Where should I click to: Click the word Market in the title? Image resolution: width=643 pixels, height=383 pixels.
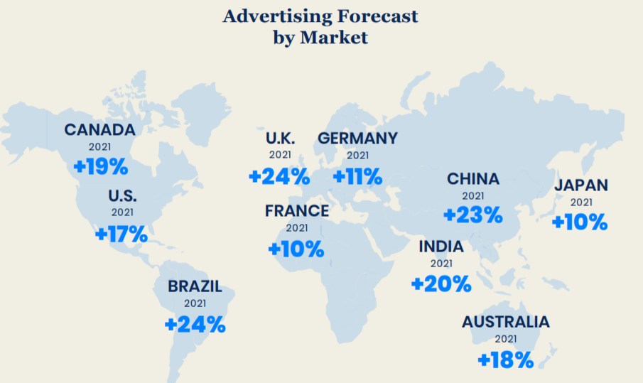point(334,38)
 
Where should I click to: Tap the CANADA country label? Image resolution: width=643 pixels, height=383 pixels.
point(99,130)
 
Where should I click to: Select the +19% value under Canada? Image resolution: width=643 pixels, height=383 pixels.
point(101,167)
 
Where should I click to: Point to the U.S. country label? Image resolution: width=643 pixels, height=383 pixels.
point(122,196)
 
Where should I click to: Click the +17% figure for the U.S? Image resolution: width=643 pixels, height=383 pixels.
point(121,233)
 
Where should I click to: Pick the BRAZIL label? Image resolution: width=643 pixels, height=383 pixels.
point(195,287)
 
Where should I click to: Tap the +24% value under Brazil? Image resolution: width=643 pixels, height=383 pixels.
point(195,325)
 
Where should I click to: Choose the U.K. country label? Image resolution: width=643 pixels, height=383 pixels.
point(280,138)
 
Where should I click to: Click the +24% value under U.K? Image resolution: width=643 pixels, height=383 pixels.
point(279,176)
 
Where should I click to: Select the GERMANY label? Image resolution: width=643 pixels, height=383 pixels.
point(357,138)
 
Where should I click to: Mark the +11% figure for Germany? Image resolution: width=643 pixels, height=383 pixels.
point(357,176)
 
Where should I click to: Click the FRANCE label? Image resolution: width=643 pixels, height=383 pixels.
point(297,211)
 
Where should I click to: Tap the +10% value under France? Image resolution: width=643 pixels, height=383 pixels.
point(296,249)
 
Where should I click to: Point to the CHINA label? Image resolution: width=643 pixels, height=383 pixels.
point(473,179)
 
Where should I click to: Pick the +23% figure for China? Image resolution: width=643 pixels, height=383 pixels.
point(473,214)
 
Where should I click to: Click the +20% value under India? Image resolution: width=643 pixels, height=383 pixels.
point(441,284)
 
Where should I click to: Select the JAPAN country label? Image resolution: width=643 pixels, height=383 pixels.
point(581,185)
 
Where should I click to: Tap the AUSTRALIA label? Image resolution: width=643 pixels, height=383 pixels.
point(506,322)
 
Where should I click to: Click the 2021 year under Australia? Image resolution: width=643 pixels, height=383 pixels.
point(506,339)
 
